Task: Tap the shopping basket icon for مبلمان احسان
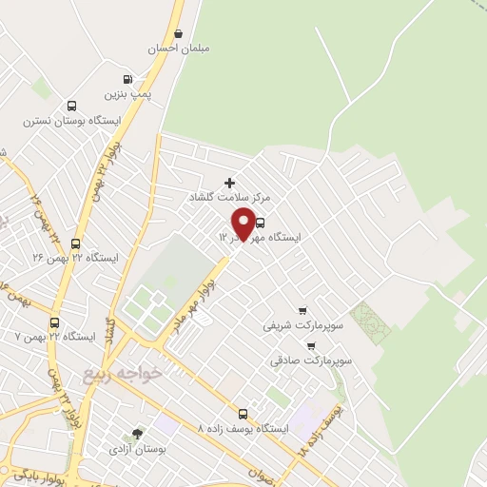pos(178,33)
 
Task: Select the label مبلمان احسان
pos(179,48)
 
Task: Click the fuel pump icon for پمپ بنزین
pos(128,80)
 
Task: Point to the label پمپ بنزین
pos(128,95)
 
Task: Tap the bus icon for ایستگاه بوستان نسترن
pos(72,107)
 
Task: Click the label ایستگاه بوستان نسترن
pos(73,122)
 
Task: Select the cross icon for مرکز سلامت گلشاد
pos(228,182)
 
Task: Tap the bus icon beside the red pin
pos(261,223)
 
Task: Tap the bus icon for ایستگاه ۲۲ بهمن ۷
pos(54,322)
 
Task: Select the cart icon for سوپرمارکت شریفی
pos(302,310)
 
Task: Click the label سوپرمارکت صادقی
pos(311,361)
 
